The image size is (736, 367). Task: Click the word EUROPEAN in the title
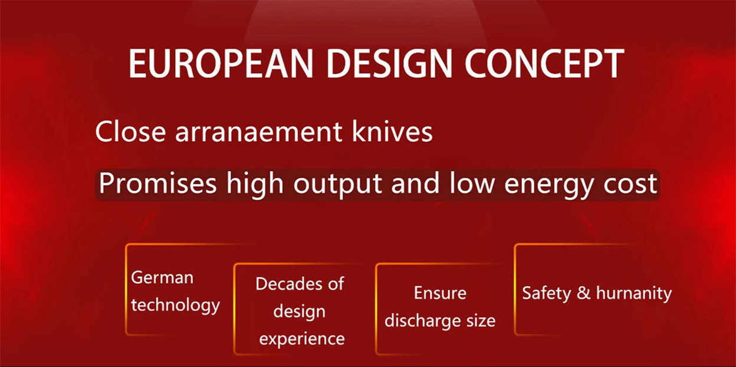(221, 64)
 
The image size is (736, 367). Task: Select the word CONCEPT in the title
(544, 64)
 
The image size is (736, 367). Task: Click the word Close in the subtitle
(130, 131)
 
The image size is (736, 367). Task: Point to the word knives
(392, 131)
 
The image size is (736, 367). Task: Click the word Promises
(157, 183)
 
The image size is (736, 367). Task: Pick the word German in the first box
(162, 277)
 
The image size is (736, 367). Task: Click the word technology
(176, 305)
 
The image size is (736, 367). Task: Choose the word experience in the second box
(302, 339)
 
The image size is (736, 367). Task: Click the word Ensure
(440, 293)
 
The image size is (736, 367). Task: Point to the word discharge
(422, 320)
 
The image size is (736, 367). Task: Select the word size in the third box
(481, 320)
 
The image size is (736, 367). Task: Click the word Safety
(547, 293)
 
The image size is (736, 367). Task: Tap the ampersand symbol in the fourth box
(583, 293)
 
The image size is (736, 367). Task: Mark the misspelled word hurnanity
(634, 293)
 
